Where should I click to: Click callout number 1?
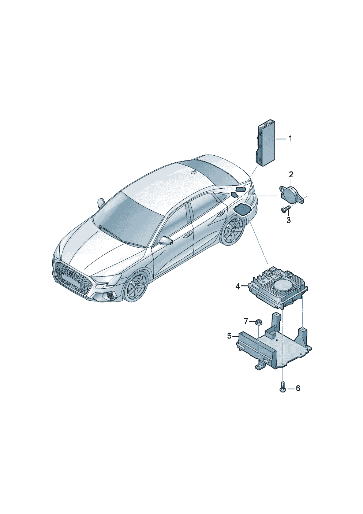click(x=290, y=139)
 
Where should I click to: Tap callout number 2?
click(x=291, y=175)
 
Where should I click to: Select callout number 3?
click(x=288, y=220)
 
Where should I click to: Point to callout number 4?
click(x=237, y=286)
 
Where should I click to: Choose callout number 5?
click(x=229, y=336)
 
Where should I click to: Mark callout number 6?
click(x=298, y=388)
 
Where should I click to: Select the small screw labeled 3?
click(x=285, y=208)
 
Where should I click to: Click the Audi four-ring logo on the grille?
click(x=74, y=274)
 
